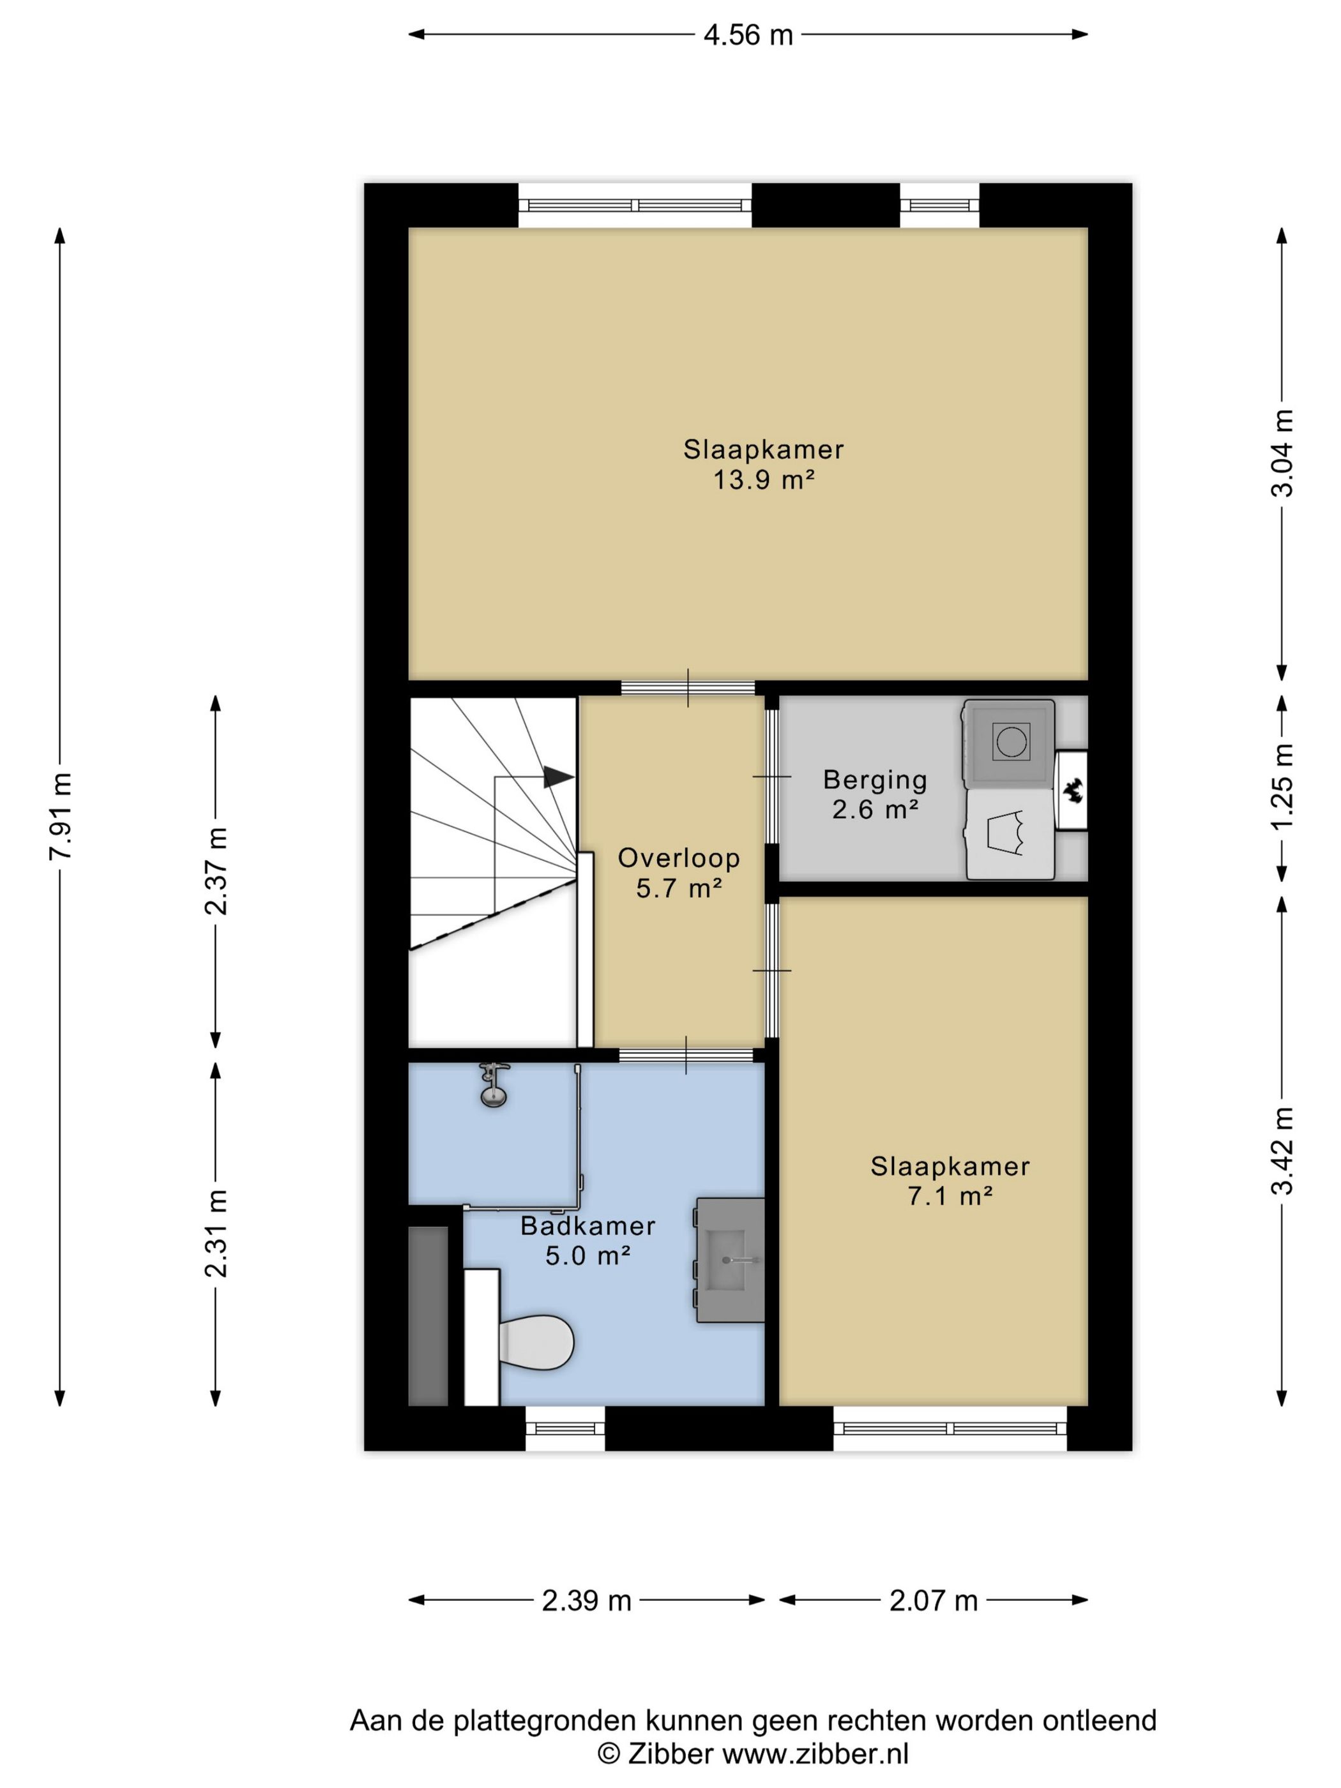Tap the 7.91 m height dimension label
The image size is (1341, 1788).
point(61,816)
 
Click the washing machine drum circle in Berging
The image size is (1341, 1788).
point(1011,741)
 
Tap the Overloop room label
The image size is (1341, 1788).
point(679,858)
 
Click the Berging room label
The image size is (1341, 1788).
point(875,780)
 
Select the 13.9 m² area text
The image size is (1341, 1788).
point(763,480)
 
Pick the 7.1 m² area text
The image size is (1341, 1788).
point(950,1195)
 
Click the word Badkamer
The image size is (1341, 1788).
point(587,1225)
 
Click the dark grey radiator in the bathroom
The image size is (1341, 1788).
point(428,1317)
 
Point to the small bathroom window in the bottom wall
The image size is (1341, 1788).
point(565,1428)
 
